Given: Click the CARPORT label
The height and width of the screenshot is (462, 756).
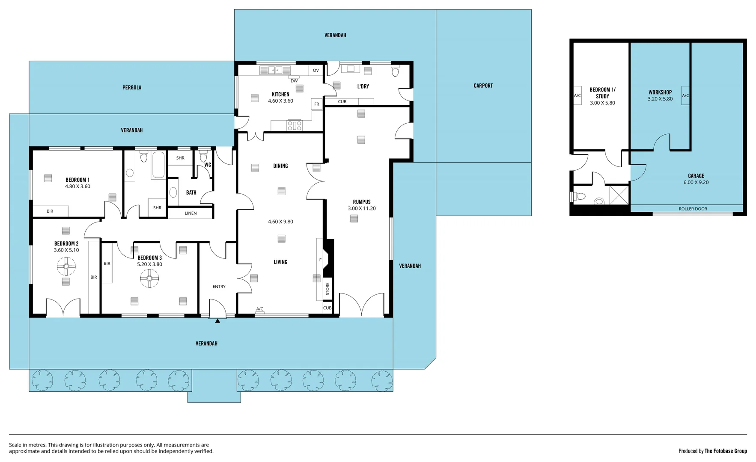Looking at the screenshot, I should (483, 86).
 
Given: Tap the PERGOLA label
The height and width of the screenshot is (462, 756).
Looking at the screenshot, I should (131, 87).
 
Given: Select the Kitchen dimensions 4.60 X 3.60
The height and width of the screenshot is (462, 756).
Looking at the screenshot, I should (280, 101).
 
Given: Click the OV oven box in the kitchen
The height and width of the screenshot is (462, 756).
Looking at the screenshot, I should (315, 70).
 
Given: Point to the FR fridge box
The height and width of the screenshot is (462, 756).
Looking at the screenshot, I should (316, 104).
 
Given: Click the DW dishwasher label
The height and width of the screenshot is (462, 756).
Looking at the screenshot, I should (294, 80).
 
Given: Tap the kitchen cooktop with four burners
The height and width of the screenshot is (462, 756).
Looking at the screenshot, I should (295, 125).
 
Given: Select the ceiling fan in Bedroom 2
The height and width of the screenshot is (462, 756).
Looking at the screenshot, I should (66, 266).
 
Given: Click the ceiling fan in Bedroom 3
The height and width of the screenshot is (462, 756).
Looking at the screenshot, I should (149, 278).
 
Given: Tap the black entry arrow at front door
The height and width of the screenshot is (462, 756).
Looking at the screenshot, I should (217, 320).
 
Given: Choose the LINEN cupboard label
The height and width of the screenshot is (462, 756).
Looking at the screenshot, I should (190, 213).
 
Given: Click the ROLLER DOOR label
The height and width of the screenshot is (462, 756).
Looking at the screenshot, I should (693, 209).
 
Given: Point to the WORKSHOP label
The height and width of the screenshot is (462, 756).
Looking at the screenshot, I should (660, 92).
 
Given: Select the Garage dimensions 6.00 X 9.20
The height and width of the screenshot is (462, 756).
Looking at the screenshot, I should (696, 182).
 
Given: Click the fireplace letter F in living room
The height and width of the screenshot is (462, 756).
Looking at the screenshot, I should (320, 260).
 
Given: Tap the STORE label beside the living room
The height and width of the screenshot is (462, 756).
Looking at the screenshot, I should (327, 289).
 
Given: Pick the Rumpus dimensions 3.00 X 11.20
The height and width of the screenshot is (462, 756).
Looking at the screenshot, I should (361, 208).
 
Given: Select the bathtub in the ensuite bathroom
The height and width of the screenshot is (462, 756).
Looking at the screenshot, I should (158, 165).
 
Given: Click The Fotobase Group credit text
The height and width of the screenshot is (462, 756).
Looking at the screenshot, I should (725, 451).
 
